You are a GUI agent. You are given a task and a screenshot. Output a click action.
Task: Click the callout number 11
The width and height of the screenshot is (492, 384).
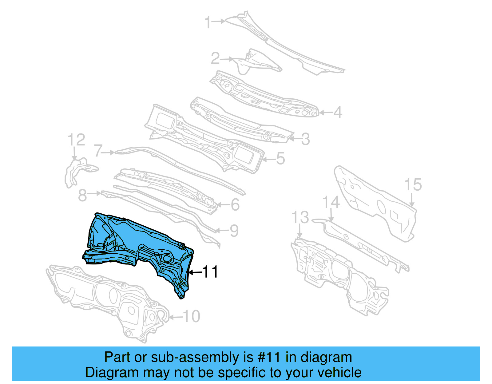click(x=210, y=272)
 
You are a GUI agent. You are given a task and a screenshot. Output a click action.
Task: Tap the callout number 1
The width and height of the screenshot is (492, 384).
click(x=208, y=22)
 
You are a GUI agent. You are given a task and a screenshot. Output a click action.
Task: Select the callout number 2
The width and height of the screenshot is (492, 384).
click(x=215, y=58)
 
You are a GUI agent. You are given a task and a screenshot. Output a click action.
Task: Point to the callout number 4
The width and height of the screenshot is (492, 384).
click(x=338, y=112)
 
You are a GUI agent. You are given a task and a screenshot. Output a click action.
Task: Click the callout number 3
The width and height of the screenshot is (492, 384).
click(x=305, y=139)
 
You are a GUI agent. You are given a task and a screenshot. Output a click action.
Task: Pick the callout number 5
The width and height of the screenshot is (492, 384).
click(x=280, y=159)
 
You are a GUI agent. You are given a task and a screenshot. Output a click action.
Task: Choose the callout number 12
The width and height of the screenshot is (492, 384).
click(x=76, y=140)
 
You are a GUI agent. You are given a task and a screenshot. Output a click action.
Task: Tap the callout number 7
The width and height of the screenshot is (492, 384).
click(x=98, y=151)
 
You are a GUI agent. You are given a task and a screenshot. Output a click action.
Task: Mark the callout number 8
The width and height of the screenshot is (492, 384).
click(x=82, y=195)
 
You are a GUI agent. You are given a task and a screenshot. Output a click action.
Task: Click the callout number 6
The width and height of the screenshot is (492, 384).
click(x=235, y=205)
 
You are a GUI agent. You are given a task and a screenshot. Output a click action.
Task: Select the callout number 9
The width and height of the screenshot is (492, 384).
click(x=234, y=231)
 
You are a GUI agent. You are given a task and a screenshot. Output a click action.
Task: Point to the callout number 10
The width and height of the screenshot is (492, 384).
click(x=191, y=316)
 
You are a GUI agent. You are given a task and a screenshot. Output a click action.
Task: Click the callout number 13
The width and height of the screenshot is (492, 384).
click(x=300, y=217)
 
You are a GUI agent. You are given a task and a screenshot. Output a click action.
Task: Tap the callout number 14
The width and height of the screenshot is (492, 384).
click(x=331, y=203)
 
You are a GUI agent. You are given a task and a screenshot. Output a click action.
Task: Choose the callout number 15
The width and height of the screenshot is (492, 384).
click(x=413, y=185)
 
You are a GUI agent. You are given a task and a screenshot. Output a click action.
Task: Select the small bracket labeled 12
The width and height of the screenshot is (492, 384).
click(x=77, y=171)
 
